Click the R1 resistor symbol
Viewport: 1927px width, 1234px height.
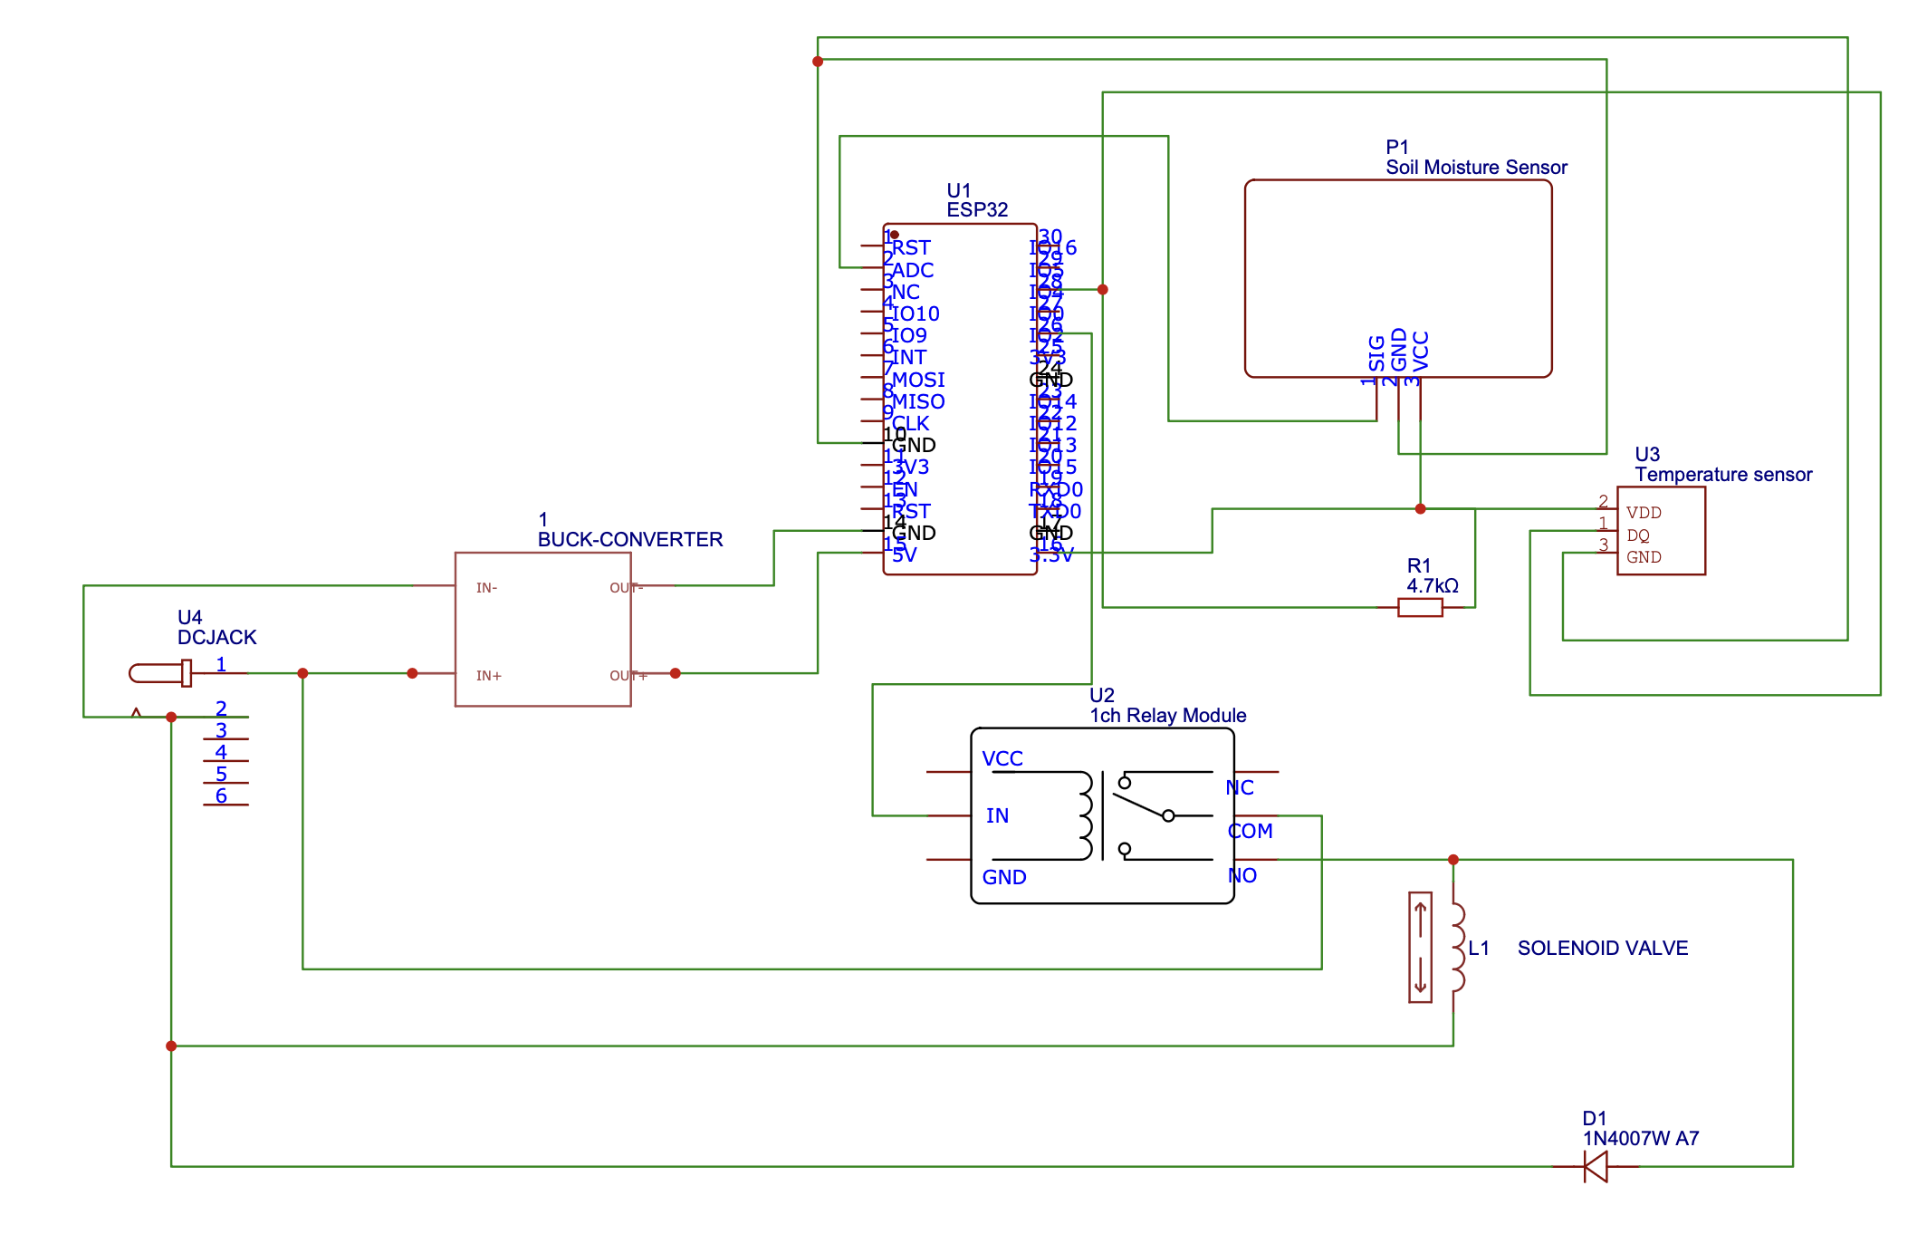pyautogui.click(x=1419, y=607)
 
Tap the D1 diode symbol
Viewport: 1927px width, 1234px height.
pyautogui.click(x=1596, y=1166)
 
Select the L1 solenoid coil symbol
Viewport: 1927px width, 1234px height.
pyautogui.click(x=1456, y=948)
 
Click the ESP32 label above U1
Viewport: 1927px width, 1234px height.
pyautogui.click(x=977, y=210)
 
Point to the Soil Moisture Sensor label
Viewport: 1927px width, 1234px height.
pyautogui.click(x=1476, y=168)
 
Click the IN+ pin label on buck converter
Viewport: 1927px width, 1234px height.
pyautogui.click(x=488, y=676)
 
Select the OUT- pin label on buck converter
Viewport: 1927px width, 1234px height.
pyautogui.click(x=626, y=588)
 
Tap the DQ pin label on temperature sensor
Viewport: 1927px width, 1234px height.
pyautogui.click(x=1637, y=535)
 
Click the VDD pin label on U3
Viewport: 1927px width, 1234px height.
pyautogui.click(x=1643, y=513)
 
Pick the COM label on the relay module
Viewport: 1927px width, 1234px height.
pyautogui.click(x=1250, y=831)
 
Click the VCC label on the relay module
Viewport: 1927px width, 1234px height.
pyautogui.click(x=1002, y=759)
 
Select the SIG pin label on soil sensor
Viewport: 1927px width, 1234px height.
pyautogui.click(x=1376, y=353)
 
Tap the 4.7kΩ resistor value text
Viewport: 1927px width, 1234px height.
pyautogui.click(x=1432, y=586)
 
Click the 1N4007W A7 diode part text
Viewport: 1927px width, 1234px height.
pyautogui.click(x=1640, y=1139)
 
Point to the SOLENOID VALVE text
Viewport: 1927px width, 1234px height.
pyautogui.click(x=1602, y=949)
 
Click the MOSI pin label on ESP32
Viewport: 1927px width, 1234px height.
pyautogui.click(x=918, y=380)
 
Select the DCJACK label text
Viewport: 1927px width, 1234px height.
pyautogui.click(x=216, y=638)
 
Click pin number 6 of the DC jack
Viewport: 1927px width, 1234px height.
pyautogui.click(x=221, y=795)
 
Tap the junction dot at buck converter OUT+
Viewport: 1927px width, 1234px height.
pyautogui.click(x=675, y=673)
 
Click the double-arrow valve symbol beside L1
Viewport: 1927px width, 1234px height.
pyautogui.click(x=1420, y=948)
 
